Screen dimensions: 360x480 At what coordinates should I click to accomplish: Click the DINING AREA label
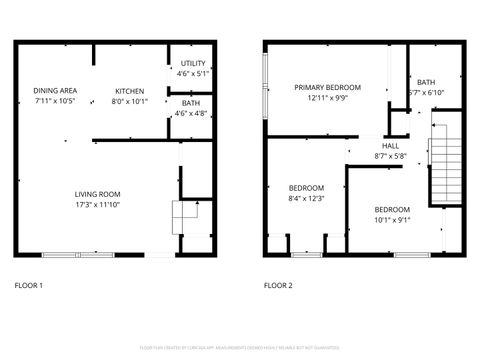[x=54, y=90]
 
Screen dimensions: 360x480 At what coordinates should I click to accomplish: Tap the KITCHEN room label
[x=129, y=90]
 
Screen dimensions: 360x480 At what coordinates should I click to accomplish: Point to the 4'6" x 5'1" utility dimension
[x=192, y=73]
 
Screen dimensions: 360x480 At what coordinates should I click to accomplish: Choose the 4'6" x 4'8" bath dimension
[x=191, y=113]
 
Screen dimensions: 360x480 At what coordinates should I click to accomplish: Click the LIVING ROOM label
[x=97, y=194]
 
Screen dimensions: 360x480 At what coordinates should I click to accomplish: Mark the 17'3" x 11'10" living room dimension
[x=97, y=204]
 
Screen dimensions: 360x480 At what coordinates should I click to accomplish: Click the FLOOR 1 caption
[x=28, y=285]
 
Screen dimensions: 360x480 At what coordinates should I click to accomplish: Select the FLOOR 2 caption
[x=278, y=285]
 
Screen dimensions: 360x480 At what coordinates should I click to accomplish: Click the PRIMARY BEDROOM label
[x=327, y=87]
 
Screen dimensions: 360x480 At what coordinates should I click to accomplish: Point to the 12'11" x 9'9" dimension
[x=327, y=98]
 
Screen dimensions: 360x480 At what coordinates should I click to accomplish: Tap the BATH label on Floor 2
[x=426, y=82]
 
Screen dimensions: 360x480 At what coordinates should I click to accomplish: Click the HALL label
[x=390, y=146]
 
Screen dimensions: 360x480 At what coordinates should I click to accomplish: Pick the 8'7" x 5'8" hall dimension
[x=390, y=156]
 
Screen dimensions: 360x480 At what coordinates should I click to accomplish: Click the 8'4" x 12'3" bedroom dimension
[x=306, y=198]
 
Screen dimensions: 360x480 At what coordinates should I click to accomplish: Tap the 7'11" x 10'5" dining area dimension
[x=54, y=100]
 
